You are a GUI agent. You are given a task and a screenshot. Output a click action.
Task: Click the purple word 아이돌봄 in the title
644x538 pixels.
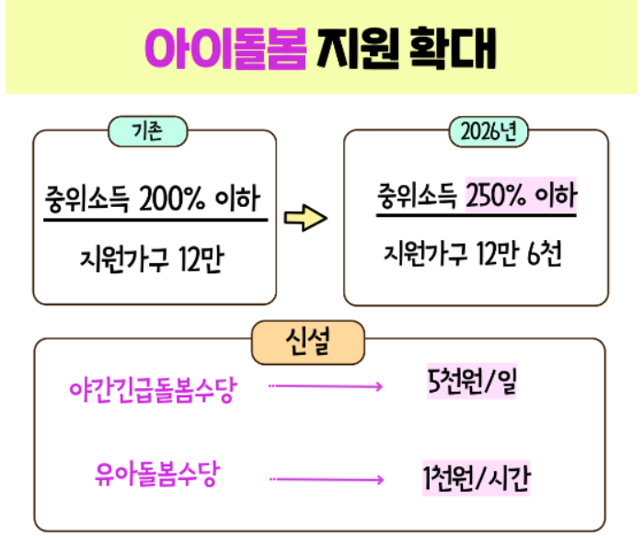coord(225,48)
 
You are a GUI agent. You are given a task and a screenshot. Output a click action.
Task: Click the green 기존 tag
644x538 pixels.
coord(148,132)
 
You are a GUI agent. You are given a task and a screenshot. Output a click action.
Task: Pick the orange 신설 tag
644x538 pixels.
coord(307,342)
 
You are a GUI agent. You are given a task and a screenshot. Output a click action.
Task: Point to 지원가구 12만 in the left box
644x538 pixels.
coord(153,261)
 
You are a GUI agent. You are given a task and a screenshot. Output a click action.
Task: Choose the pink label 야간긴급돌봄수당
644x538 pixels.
coord(153,388)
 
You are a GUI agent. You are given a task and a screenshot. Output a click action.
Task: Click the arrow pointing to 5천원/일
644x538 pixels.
coord(327,387)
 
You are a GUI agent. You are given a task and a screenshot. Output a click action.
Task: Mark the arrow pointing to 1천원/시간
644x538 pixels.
coord(327,479)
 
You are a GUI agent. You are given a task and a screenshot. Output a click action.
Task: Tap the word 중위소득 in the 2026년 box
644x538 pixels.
coord(417,196)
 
